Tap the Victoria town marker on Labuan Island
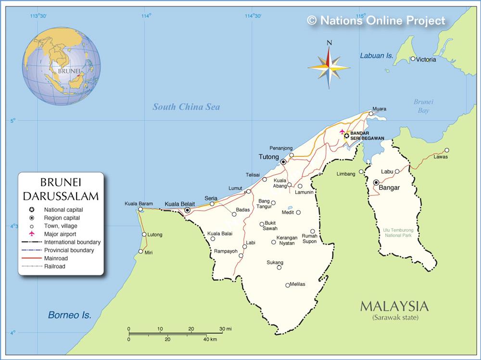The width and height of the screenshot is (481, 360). [413, 59]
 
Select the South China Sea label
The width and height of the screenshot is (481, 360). [186, 107]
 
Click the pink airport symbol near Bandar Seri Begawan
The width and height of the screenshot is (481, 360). [342, 131]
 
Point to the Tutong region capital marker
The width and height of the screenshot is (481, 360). [283, 162]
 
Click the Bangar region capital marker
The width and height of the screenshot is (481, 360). [376, 182]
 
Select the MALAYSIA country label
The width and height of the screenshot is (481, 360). [393, 307]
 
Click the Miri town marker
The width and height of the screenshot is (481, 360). [140, 251]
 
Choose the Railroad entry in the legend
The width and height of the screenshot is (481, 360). [54, 266]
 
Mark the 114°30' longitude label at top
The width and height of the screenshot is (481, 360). [253, 16]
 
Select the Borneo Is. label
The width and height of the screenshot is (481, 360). [69, 316]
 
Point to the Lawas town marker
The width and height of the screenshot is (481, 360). [447, 150]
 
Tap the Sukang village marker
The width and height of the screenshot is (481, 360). [279, 268]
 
